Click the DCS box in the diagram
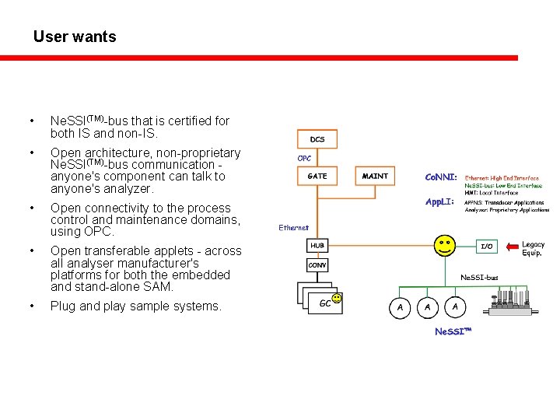pos(317,139)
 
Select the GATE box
pos(317,177)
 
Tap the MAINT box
pos(375,177)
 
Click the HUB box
pos(317,245)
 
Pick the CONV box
pos(317,265)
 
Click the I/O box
pos(486,246)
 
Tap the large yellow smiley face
pos(445,246)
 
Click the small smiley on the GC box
pos(336,298)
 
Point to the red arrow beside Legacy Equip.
pos(512,248)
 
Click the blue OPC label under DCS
pos(305,159)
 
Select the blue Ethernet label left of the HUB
pos(293,228)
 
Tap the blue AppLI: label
pos(440,202)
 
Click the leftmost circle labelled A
pos(400,308)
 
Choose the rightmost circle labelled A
pos(455,308)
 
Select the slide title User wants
pos(75,37)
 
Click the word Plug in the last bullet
pos(64,306)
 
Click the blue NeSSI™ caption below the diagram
pos(453,331)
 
